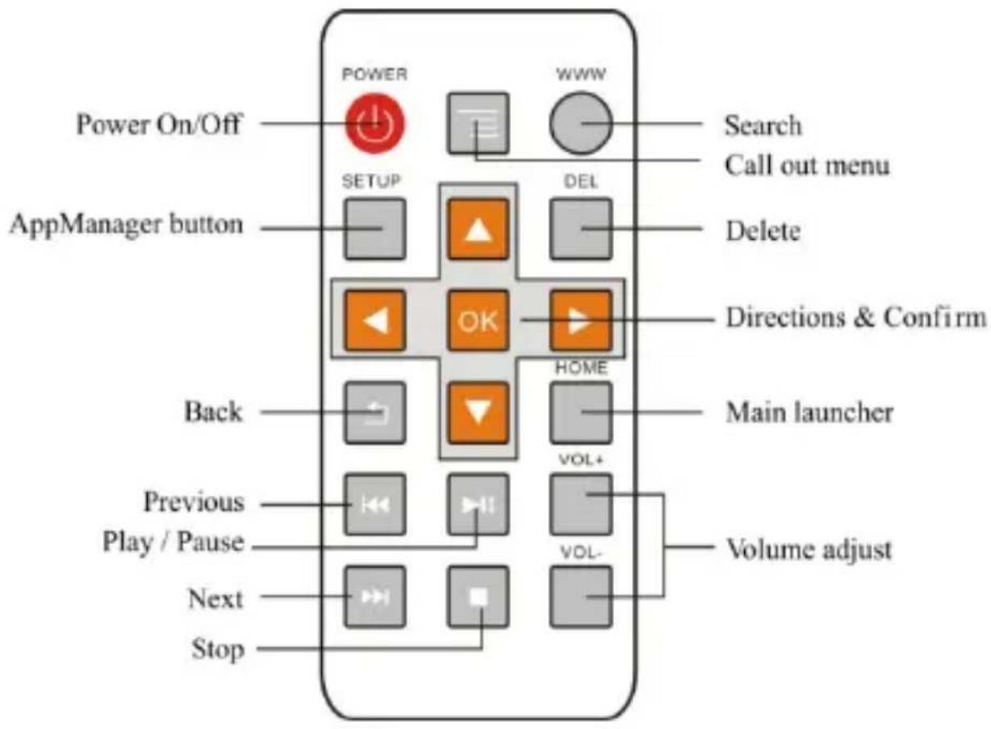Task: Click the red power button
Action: pyautogui.click(x=376, y=124)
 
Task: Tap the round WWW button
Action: pyautogui.click(x=581, y=124)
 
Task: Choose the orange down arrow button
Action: pyautogui.click(x=479, y=413)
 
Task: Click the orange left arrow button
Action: pyautogui.click(x=375, y=321)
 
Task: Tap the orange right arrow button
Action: pyautogui.click(x=581, y=321)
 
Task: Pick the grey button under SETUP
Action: pyautogui.click(x=375, y=228)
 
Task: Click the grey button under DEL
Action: pyautogui.click(x=581, y=228)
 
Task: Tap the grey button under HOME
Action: pyautogui.click(x=581, y=413)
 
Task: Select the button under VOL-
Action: pyautogui.click(x=581, y=597)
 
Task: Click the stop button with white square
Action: pyautogui.click(x=479, y=597)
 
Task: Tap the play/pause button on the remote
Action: pyautogui.click(x=479, y=505)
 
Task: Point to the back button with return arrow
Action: pyautogui.click(x=375, y=413)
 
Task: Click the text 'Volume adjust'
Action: pyautogui.click(x=809, y=551)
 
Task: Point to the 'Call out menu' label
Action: pyautogui.click(x=806, y=165)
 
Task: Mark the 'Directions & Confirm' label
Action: pyautogui.click(x=855, y=317)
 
